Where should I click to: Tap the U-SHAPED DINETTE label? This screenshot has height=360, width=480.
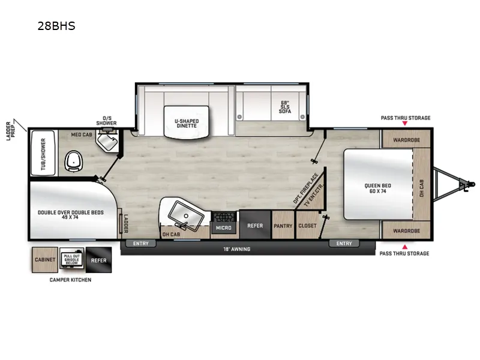coord(187,124)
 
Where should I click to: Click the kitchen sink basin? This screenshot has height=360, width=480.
coord(181,212)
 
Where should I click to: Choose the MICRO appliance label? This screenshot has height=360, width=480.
coord(224,228)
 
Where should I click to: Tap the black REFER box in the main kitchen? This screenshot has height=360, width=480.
coord(255,226)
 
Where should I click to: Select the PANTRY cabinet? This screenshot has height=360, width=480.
coord(283,226)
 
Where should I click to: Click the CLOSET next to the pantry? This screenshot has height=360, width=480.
coord(307,226)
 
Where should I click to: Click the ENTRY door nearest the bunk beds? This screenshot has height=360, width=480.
coord(140,243)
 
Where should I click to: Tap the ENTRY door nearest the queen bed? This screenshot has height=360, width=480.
coord(344,243)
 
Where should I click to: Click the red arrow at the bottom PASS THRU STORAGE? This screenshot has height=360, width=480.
coord(405,247)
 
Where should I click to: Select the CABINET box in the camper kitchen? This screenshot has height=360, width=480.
coord(44,260)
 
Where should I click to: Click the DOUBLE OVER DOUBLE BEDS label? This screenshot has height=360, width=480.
coord(71,214)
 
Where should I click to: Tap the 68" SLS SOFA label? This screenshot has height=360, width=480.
coord(284,106)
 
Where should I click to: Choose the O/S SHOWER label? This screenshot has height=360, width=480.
coord(107,121)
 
